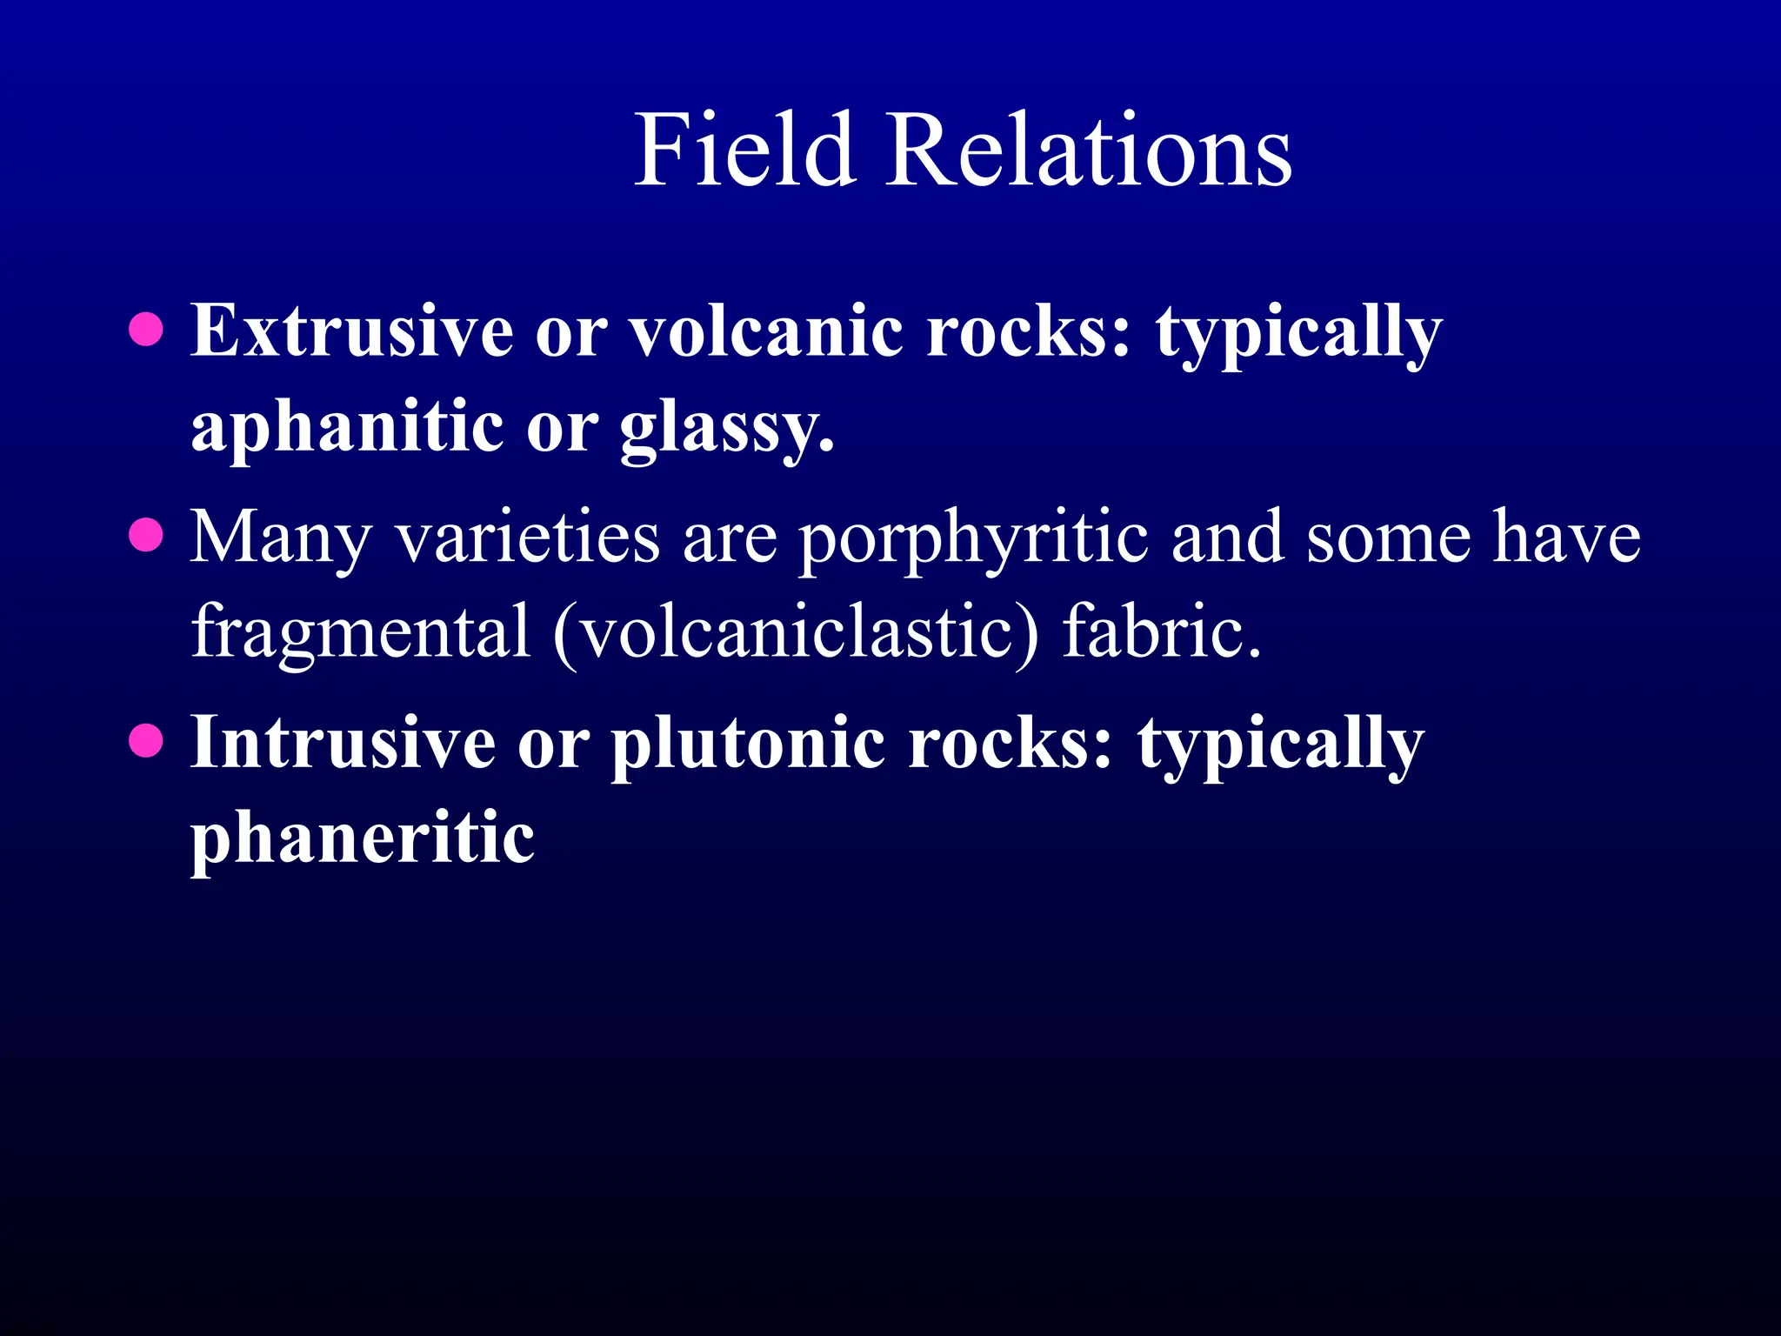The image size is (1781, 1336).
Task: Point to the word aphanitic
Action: (x=347, y=428)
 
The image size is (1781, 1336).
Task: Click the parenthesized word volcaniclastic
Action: (x=796, y=631)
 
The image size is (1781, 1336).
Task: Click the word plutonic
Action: (x=748, y=744)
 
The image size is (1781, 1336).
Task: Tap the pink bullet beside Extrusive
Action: (x=146, y=330)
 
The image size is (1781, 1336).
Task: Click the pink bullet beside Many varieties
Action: (x=146, y=536)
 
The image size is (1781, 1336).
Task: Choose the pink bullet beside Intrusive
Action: (x=146, y=742)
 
